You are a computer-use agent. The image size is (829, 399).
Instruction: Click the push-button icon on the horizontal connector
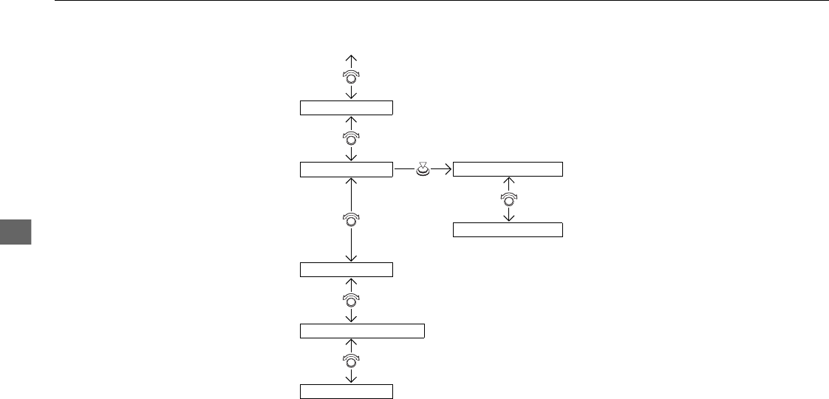point(423,170)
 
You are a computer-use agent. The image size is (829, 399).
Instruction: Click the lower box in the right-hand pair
point(508,229)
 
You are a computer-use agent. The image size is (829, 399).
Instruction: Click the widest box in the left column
point(362,330)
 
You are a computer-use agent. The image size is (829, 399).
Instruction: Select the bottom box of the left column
point(346,392)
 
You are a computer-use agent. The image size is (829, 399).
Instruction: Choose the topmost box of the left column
point(346,108)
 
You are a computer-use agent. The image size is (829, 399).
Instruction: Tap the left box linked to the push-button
point(346,170)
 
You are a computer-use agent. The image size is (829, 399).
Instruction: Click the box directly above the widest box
point(346,269)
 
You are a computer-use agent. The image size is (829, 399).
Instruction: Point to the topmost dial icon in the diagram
point(352,77)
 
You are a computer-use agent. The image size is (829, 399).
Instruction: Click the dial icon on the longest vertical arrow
point(352,219)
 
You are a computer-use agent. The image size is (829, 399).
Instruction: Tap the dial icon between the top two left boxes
point(352,138)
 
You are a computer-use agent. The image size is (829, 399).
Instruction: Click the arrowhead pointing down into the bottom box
point(352,381)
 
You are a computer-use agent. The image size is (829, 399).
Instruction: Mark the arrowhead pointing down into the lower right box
point(508,218)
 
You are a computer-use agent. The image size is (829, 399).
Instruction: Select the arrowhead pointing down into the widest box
point(352,318)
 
